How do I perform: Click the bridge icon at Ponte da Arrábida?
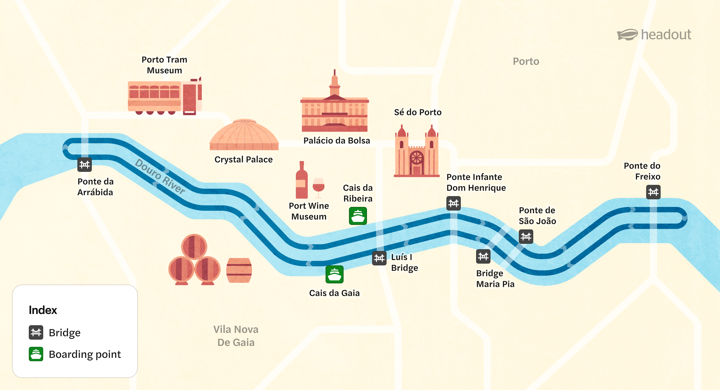84,165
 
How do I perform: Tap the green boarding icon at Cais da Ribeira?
358,216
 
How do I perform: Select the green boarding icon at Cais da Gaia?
334,274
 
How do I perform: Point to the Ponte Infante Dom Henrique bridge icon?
453,203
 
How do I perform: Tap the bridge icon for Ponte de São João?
526,237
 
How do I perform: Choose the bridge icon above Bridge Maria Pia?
483,256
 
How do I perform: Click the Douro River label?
160,176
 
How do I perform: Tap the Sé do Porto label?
418,112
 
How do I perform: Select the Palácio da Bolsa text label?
337,141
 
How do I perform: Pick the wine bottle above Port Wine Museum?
301,180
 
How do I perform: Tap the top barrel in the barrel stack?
194,247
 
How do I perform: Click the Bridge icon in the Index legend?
36,332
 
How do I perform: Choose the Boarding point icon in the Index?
36,354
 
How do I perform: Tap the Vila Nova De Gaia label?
236,336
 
